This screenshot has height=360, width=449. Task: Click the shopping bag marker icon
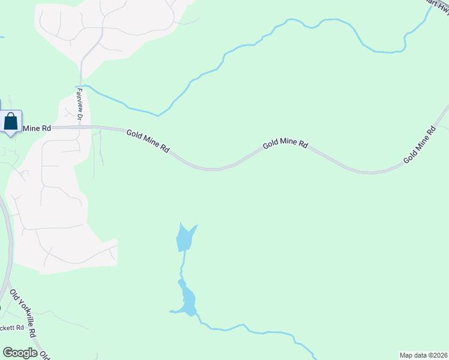11,122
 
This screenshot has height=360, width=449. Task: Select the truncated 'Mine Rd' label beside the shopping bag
36,128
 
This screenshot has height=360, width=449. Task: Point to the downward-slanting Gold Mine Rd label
148,141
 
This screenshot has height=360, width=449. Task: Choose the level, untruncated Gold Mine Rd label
285,145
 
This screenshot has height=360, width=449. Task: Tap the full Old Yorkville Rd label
24,313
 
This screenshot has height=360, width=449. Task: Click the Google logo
20,353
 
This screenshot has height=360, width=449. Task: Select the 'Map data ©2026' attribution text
423,355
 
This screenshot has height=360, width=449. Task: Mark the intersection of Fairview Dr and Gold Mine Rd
80,127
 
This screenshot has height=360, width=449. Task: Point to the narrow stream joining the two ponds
182,264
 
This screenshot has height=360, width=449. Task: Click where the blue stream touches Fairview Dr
81,86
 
